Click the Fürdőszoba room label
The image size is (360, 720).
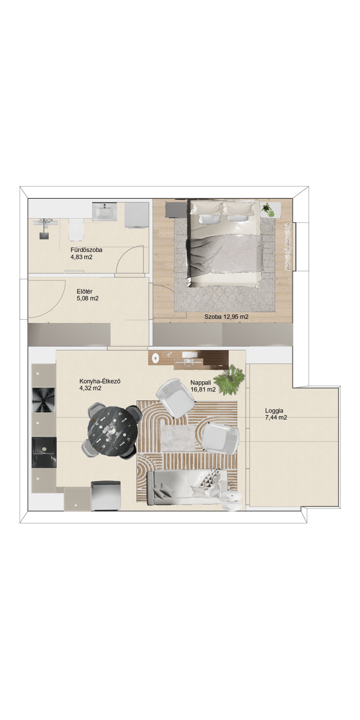pos(86,249)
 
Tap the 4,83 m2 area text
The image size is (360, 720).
pos(81,257)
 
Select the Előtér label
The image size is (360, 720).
pos(85,291)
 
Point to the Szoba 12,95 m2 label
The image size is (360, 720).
pos(226,317)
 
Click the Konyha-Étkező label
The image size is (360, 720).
pos(100,381)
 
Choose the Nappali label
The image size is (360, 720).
pos(201,383)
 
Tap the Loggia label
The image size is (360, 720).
pos(274,410)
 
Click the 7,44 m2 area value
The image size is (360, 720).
pos(276,418)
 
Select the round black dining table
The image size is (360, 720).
pos(113,431)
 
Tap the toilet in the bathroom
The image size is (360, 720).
pos(76,230)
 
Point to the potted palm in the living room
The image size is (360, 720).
pos(229,380)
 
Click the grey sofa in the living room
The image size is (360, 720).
pos(187,487)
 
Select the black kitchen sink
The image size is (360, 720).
pos(44,452)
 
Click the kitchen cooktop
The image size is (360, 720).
pos(44,400)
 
